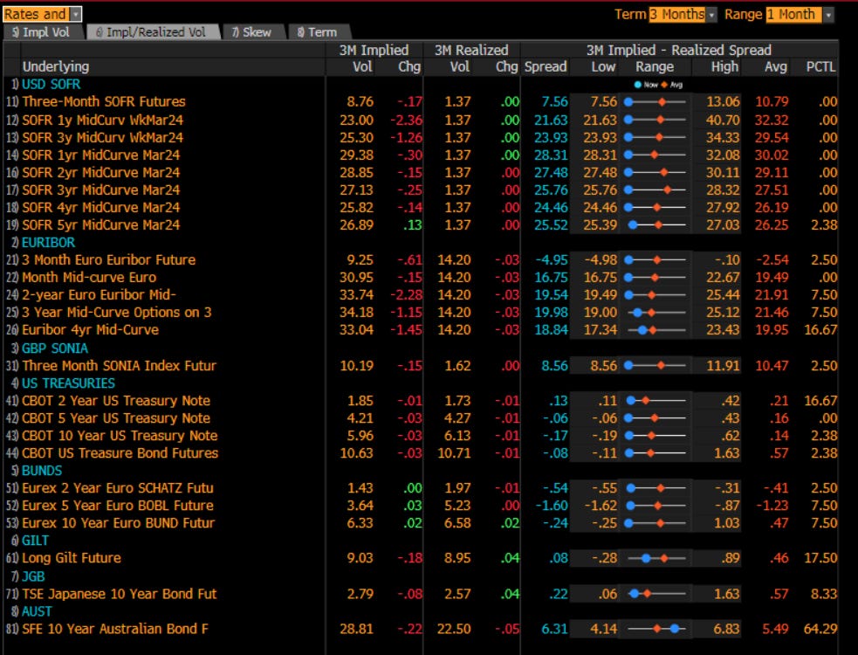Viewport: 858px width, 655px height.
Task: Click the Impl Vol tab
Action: click(41, 32)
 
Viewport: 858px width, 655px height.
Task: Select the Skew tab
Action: click(251, 32)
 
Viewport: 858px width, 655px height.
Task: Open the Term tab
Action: click(318, 32)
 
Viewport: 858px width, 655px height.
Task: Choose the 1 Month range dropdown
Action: click(800, 14)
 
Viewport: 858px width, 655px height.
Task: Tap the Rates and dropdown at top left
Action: click(42, 14)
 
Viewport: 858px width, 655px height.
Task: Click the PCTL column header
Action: click(820, 66)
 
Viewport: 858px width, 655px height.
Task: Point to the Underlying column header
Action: click(56, 66)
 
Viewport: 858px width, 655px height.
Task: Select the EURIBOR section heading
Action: click(48, 242)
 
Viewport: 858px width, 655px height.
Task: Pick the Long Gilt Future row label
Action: click(72, 558)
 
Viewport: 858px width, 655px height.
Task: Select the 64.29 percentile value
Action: click(820, 629)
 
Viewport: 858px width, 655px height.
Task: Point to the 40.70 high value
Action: click(724, 119)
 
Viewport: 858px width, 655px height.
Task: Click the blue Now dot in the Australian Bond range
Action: click(676, 629)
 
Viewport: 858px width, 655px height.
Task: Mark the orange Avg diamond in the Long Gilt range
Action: click(664, 558)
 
